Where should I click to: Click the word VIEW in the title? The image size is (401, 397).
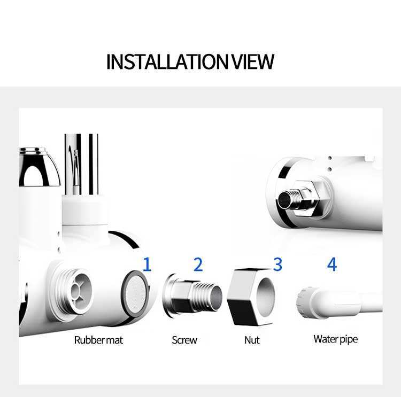252,62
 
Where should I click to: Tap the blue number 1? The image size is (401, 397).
146,264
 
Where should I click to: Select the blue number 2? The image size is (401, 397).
198,264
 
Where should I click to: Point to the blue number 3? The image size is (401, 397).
277,264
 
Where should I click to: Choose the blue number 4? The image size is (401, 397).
332,264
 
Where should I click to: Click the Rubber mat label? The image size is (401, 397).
98,340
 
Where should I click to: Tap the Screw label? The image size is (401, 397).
184,340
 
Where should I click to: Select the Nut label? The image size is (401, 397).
251,340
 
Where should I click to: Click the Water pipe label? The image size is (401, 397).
335,339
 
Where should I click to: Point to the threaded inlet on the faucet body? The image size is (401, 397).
74,289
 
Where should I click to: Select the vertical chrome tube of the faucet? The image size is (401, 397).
82,163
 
